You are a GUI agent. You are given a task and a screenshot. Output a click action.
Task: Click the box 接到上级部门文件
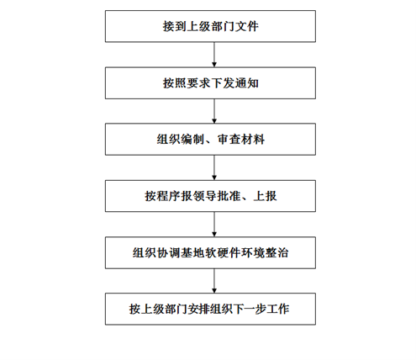click(x=210, y=26)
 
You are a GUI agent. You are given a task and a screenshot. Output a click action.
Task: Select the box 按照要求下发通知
click(x=210, y=83)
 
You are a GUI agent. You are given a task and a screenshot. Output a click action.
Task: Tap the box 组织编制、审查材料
click(x=210, y=140)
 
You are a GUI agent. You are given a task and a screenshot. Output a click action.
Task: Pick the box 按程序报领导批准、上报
click(x=210, y=196)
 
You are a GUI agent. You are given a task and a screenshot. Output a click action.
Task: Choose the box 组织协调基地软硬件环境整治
click(x=210, y=252)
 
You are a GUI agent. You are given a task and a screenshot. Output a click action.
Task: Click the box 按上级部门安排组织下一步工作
click(x=210, y=309)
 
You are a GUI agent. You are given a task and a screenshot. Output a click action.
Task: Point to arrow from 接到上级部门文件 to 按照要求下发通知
click(x=214, y=55)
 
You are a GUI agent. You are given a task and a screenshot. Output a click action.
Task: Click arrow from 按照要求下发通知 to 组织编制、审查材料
click(x=214, y=111)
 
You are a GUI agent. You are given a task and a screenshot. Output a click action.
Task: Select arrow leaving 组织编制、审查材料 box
click(x=214, y=167)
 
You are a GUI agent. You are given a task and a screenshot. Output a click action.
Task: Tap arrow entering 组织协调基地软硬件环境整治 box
click(x=214, y=225)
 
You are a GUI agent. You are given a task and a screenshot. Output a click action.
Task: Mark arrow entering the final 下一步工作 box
click(x=214, y=281)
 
